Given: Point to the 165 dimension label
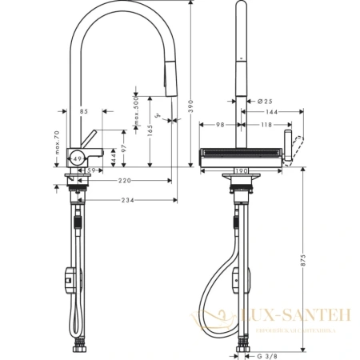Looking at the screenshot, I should tap(148, 129).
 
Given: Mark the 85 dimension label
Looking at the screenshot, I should tap(84, 111).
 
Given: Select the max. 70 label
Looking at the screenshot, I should tap(58, 144).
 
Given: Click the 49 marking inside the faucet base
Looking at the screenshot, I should tap(78, 158).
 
